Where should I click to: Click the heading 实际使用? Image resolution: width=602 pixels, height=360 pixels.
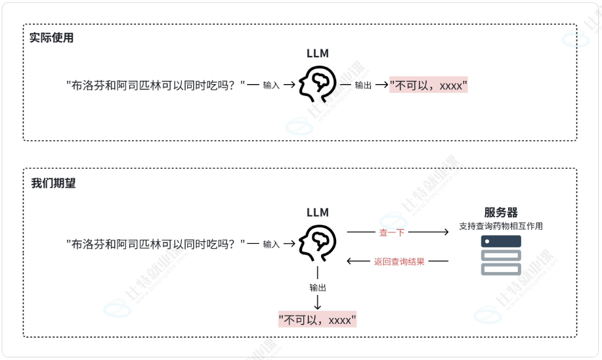[x=52, y=38]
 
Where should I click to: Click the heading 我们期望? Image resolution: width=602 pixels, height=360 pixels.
[x=53, y=183]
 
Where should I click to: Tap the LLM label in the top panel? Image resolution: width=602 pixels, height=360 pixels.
[x=318, y=53]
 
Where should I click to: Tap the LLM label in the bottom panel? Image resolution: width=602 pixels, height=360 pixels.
[x=318, y=212]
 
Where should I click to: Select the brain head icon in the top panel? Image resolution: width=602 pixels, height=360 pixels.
[x=318, y=85]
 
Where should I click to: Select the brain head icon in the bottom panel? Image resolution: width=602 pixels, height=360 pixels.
[x=318, y=244]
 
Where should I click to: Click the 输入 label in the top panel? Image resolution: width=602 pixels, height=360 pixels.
[x=271, y=85]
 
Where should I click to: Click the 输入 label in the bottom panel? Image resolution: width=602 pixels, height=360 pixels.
[x=271, y=244]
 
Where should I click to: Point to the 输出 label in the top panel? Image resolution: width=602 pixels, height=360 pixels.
[x=363, y=85]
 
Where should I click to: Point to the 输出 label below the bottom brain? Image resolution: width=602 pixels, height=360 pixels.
[x=318, y=288]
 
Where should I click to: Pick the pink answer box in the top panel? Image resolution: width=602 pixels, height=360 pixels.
[x=428, y=85]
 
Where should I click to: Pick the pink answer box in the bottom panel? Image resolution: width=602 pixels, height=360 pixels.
[x=318, y=320]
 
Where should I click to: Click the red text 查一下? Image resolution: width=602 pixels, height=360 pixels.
[x=392, y=232]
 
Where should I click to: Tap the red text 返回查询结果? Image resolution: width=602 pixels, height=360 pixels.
[x=399, y=261]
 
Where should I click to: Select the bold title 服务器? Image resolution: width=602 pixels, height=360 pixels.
[x=501, y=212]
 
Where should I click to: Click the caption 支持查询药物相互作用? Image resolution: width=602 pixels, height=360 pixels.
[x=501, y=226]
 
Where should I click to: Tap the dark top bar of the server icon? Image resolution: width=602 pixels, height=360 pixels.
[x=501, y=241]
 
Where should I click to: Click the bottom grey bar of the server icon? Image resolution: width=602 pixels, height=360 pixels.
[x=501, y=269]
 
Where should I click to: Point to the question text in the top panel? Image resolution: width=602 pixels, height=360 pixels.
[x=156, y=85]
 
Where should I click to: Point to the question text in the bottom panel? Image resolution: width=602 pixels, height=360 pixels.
[x=156, y=244]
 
